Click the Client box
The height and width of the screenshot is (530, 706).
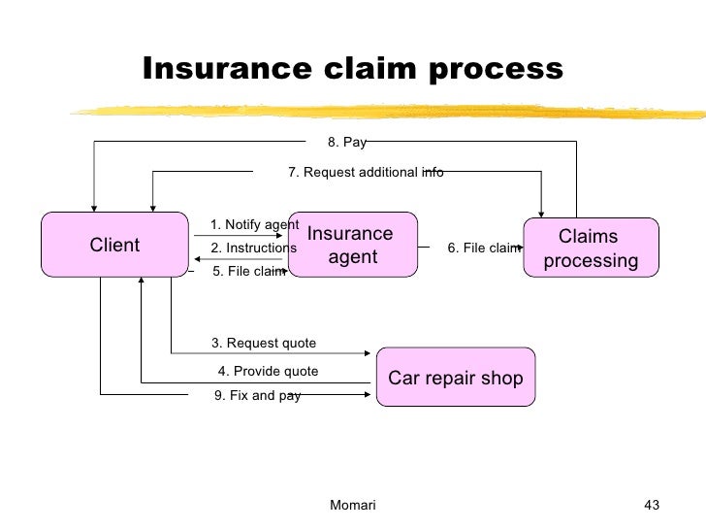114,245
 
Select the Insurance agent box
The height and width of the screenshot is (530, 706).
353,245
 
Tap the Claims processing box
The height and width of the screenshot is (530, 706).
591,248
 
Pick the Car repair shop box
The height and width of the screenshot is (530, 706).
456,377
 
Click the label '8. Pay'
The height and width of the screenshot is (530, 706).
347,143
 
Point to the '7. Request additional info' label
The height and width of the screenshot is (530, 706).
366,172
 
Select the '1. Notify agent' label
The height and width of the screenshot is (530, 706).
254,224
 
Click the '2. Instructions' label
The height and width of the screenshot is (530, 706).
253,248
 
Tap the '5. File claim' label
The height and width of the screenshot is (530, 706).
249,271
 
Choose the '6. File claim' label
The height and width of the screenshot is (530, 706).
484,248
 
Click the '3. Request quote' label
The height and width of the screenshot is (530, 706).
264,343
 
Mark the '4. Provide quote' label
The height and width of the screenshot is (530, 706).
268,371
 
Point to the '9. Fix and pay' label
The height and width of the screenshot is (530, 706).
257,396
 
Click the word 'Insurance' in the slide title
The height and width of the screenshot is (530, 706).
227,69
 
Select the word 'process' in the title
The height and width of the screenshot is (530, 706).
496,70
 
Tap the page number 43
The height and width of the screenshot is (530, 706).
652,505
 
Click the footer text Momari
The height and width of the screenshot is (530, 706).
353,505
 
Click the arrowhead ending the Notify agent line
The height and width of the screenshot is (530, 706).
279,235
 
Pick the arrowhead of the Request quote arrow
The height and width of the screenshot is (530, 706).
368,353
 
